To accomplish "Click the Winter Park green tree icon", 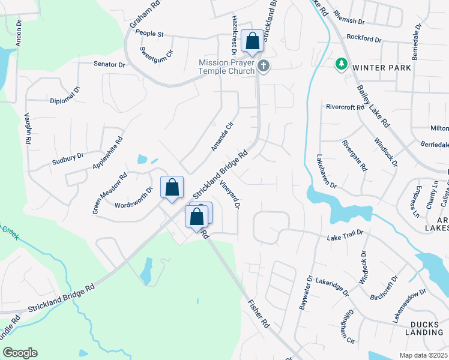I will [x=342, y=64].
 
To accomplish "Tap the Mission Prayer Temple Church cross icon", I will [x=264, y=67].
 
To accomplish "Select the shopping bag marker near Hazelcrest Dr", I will [x=253, y=42].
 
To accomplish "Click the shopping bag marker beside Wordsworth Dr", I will [x=172, y=187].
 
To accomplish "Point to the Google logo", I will [x=20, y=353].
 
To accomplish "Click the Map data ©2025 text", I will [x=424, y=355].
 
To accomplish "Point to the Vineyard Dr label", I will [x=230, y=195].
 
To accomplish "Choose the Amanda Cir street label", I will [x=221, y=138].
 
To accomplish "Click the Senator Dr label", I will [x=109, y=64].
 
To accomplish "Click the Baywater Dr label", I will [x=305, y=293].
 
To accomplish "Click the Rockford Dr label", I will [x=363, y=39].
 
